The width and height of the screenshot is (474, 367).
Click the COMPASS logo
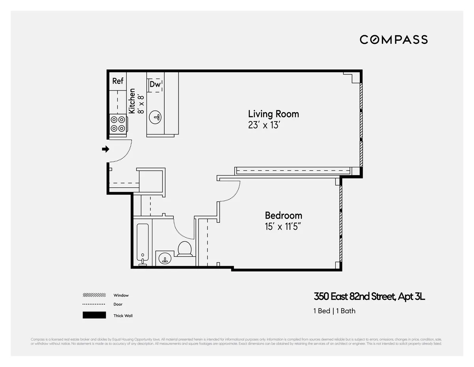[393, 40]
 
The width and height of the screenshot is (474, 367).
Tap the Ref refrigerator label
[118, 81]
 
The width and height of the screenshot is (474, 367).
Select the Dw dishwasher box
[155, 85]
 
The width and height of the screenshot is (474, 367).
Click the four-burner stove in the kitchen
[118, 123]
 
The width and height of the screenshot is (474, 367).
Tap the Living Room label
[273, 114]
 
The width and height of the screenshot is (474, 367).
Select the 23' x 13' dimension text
[264, 125]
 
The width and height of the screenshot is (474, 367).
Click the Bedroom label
[283, 216]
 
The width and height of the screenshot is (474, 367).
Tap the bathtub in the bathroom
[143, 244]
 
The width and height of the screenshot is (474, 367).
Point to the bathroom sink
[165, 259]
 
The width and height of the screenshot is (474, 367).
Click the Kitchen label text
[132, 101]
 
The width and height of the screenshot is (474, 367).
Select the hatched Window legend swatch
[94, 295]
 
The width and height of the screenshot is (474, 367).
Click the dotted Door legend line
[94, 304]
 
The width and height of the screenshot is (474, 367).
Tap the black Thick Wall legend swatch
[94, 315]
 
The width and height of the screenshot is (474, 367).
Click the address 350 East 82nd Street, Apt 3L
[369, 297]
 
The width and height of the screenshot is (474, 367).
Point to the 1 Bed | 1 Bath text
[334, 311]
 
